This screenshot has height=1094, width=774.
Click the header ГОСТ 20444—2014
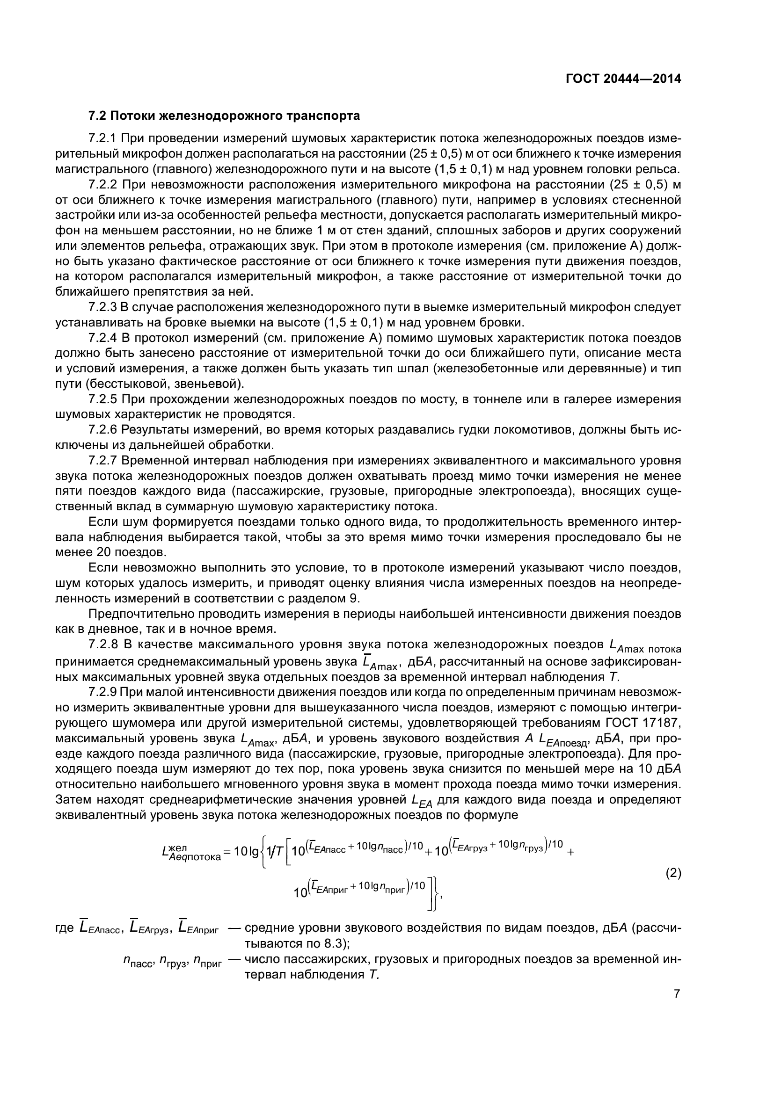point(623,79)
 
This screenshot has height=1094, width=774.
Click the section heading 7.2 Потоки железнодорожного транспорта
point(224,116)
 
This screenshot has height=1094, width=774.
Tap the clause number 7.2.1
point(102,138)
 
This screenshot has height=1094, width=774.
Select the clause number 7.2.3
point(102,307)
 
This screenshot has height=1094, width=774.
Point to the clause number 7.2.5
point(102,399)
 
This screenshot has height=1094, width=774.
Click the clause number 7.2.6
point(102,430)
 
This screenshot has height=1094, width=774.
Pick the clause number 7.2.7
point(102,461)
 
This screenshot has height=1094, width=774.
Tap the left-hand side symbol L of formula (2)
point(166,855)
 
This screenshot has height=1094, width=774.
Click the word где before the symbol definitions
point(65,928)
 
